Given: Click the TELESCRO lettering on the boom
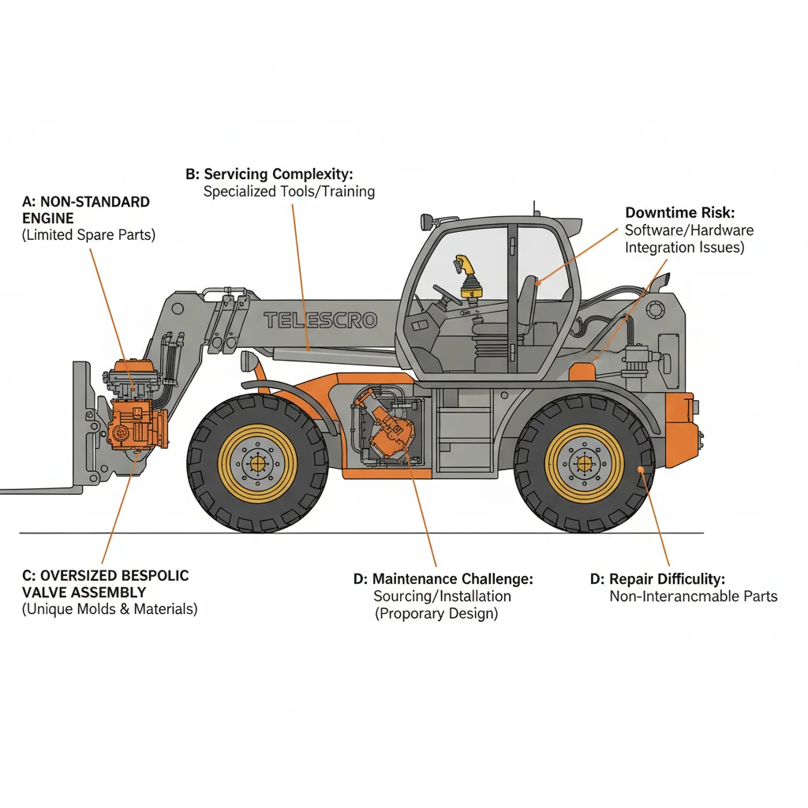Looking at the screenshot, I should [320, 320].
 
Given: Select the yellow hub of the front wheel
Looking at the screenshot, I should [257, 463].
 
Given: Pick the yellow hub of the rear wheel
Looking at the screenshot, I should [585, 463].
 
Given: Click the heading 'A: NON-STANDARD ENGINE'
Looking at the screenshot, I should [86, 209].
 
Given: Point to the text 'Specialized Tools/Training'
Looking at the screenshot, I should [289, 191].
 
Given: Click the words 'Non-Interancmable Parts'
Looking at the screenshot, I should [694, 597].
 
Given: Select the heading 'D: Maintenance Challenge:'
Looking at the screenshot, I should [443, 579].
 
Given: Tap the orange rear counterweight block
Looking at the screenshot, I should [680, 430].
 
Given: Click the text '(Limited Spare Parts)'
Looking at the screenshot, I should [88, 235].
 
